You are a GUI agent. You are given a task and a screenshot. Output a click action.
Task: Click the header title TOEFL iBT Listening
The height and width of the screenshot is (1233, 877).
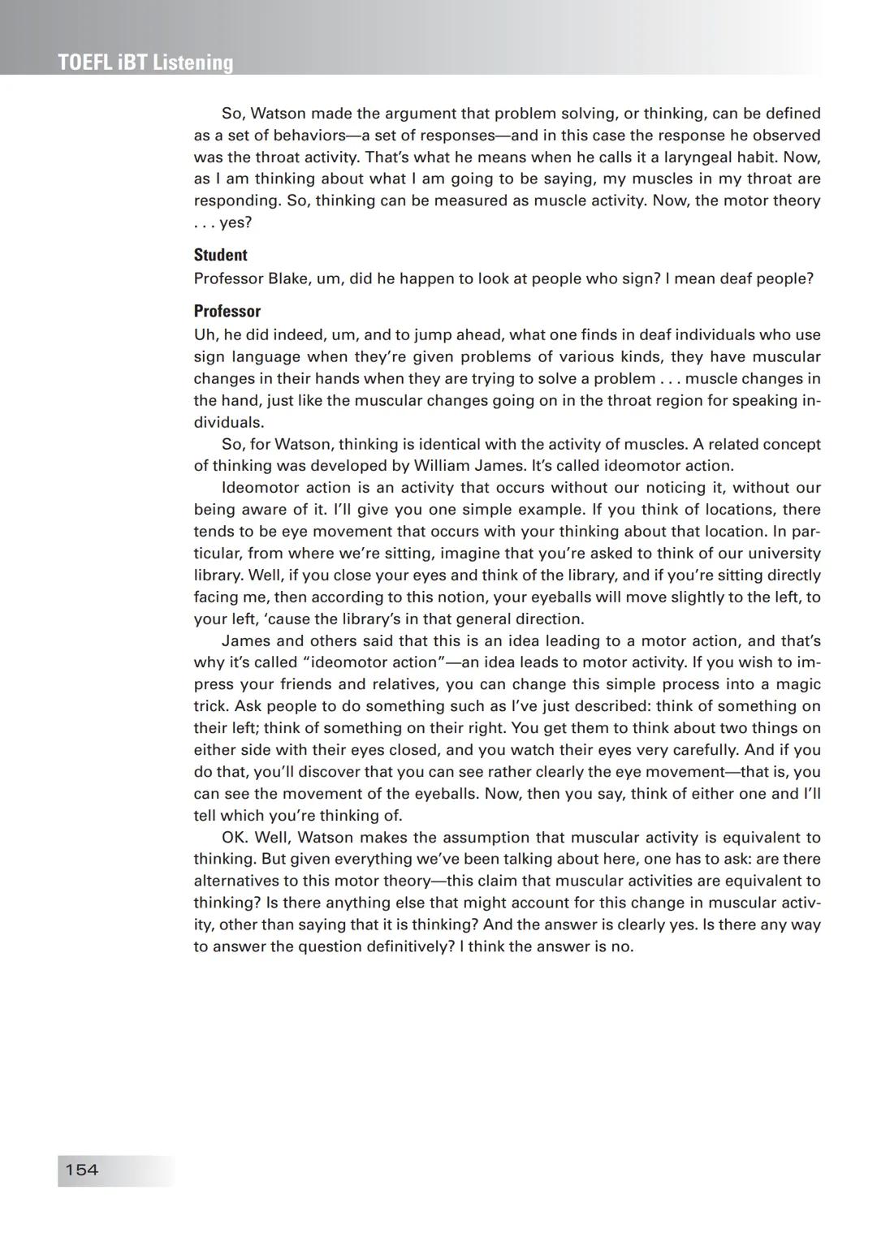click(145, 63)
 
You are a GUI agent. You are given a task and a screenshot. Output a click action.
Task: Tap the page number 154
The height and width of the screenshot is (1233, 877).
click(81, 1170)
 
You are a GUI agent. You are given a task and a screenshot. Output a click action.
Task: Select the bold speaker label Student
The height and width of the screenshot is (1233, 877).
click(220, 255)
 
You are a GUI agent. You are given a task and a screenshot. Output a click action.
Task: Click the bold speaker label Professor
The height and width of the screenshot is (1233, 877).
click(227, 311)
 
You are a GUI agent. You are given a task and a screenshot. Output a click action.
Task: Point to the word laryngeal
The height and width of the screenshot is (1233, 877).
click(685, 157)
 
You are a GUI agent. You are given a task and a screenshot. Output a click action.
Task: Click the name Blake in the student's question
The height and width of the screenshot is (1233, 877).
click(288, 278)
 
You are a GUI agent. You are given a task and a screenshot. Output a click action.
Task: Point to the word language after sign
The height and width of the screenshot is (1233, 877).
click(271, 356)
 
